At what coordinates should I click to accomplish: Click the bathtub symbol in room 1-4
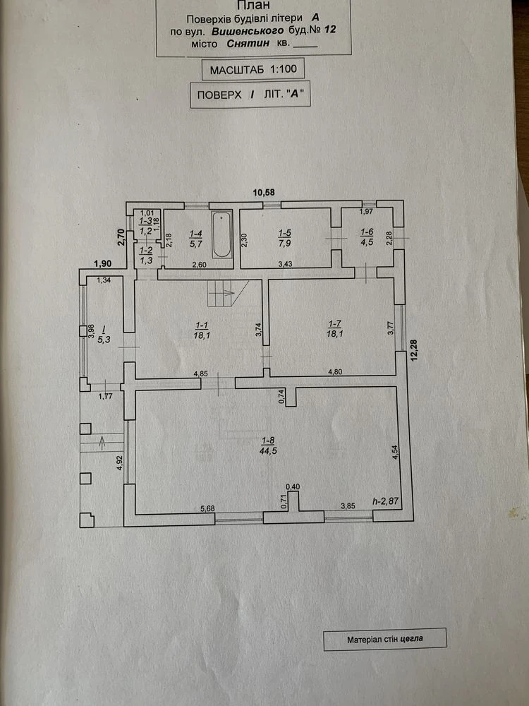coord(221,234)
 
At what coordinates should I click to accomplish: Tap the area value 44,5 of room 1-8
coord(268,450)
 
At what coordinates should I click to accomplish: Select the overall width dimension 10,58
coord(264,192)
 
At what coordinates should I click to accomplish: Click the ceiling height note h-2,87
coord(386,501)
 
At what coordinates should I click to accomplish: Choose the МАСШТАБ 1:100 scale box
coord(253,69)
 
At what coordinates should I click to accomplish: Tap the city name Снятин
coord(248,43)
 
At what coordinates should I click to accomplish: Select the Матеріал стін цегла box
coord(385,639)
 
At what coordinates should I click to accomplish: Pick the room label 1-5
coord(285,233)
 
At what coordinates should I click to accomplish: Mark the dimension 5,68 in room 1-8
coord(207,509)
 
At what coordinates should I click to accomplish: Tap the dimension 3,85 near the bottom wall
coord(348,505)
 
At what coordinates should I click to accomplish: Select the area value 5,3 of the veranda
coord(104,340)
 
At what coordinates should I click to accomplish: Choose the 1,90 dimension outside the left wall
coord(102,263)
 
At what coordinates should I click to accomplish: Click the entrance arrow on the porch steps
coord(102,443)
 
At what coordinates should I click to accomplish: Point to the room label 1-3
coord(146,221)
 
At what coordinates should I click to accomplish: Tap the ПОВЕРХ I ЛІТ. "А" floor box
coord(250,95)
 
